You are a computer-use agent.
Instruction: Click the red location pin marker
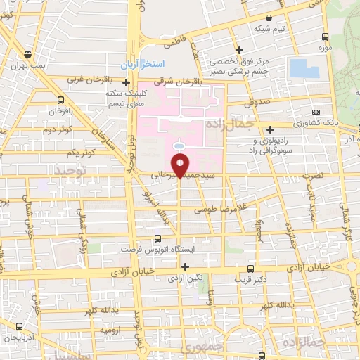pos(181,164)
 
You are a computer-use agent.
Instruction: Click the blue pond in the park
pos(304,68)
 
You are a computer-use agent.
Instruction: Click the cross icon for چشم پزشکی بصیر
pos(239,50)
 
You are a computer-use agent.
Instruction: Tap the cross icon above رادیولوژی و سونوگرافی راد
pos(271,129)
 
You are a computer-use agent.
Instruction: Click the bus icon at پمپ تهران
pos(27,53)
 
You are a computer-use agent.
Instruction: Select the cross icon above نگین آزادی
pos(186,266)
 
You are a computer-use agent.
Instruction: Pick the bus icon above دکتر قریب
pos(251,268)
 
